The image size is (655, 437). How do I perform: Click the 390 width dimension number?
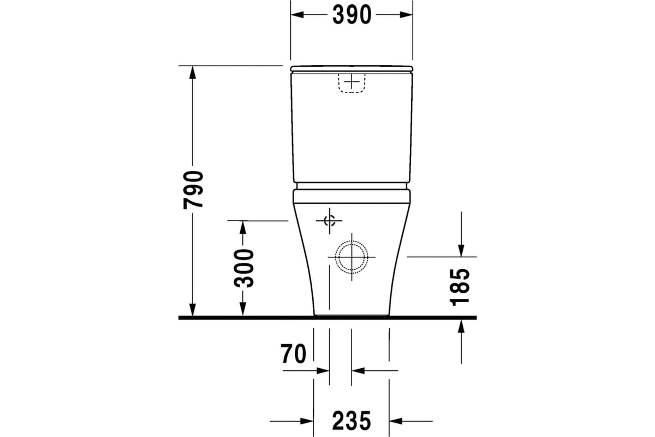click(x=352, y=15)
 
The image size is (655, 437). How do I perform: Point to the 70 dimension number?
click(x=294, y=355)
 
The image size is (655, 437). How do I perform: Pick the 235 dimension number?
click(x=351, y=421)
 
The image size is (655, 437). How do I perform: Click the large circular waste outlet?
click(x=352, y=256)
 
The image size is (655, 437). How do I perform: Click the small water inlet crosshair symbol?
click(x=329, y=221)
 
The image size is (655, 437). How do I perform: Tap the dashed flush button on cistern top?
click(x=352, y=82)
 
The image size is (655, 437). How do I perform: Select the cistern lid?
click(x=352, y=68)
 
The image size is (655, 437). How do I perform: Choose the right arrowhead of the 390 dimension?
click(x=407, y=15)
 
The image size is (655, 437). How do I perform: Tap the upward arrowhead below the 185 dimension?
click(x=461, y=326)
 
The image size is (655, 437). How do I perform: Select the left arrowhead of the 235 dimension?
click(x=307, y=421)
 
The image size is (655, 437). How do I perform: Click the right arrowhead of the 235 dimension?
click(x=395, y=421)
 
